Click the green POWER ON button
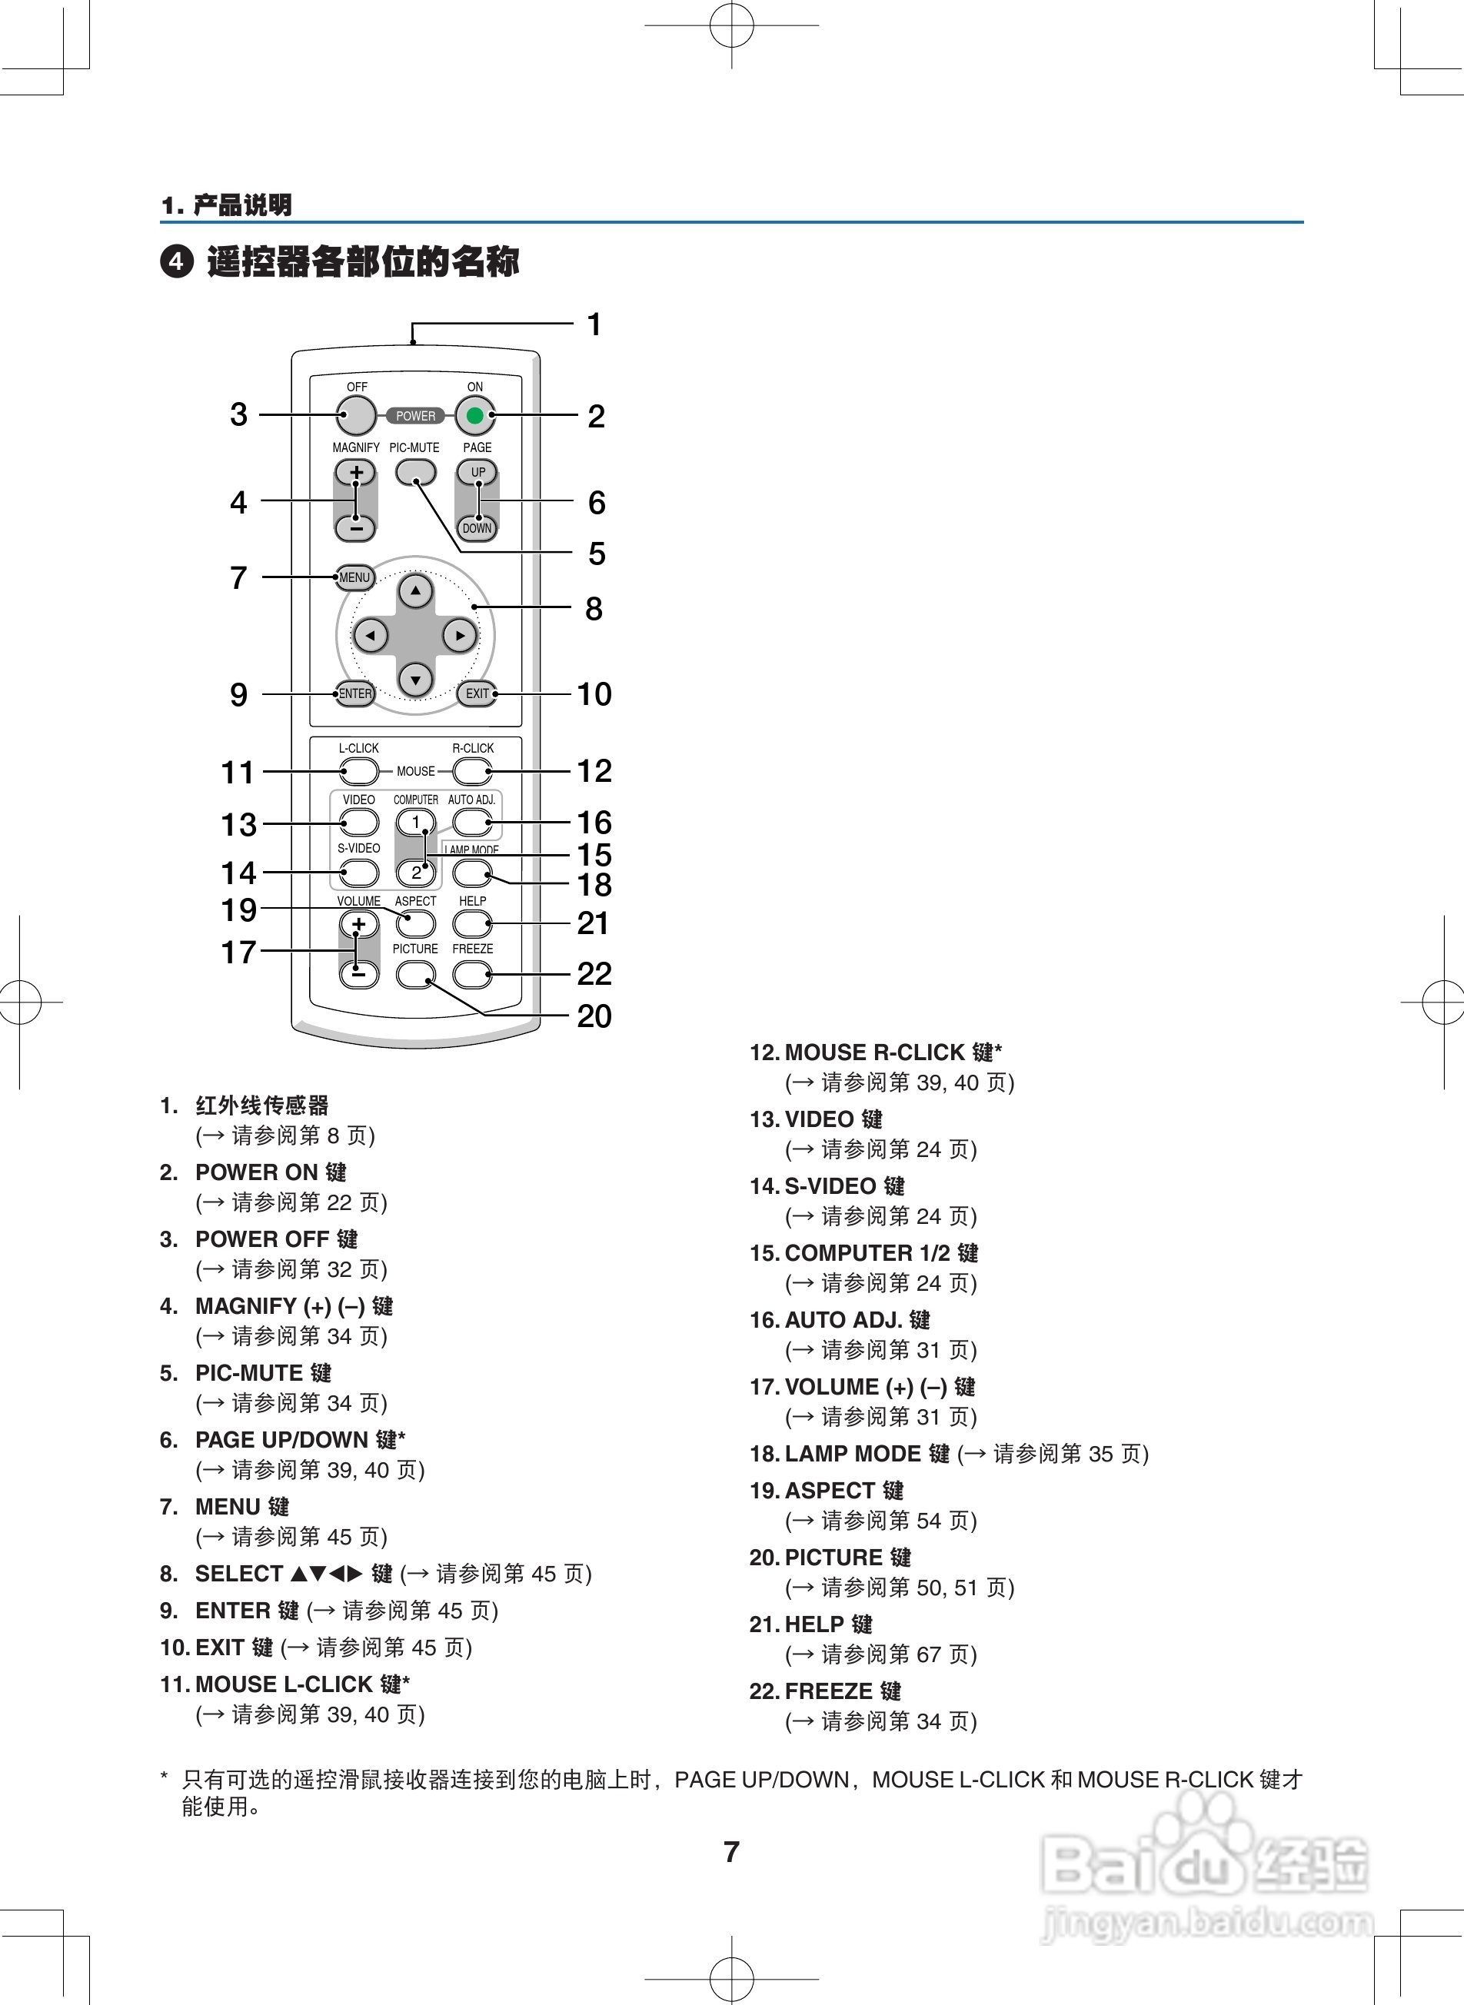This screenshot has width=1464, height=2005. [475, 414]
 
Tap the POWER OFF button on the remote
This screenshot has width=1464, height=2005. [356, 414]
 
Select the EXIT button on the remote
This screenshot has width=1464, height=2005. [477, 693]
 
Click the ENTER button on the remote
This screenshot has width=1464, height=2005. [355, 693]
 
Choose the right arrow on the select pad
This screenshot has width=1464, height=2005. [459, 635]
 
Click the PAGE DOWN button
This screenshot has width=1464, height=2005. [477, 528]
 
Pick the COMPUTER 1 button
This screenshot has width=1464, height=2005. [416, 822]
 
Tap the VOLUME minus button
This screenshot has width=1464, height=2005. [358, 974]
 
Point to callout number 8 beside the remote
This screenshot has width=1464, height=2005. [594, 609]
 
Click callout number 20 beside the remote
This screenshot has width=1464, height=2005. [594, 1016]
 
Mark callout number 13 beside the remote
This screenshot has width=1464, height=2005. [238, 825]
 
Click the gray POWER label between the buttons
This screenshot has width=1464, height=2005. [416, 416]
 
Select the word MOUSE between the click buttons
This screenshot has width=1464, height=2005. [416, 772]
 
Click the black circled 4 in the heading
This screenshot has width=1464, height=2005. [176, 262]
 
